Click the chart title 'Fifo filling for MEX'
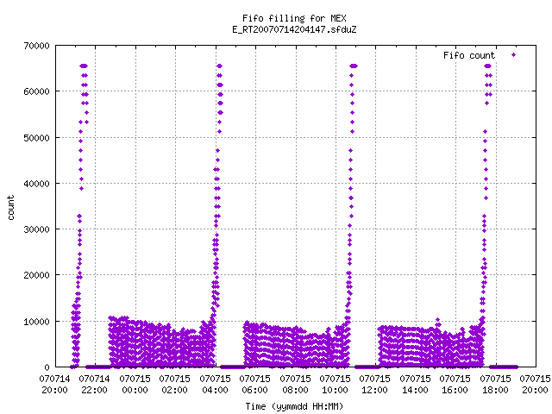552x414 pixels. click(294, 18)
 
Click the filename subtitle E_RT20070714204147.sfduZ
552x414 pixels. click(294, 29)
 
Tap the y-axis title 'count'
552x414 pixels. click(11, 208)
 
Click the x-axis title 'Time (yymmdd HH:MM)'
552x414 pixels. click(294, 406)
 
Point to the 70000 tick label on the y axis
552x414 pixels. click(36, 46)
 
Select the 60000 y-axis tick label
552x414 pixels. click(36, 91)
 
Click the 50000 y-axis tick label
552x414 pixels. click(36, 138)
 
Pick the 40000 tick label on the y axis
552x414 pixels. click(36, 184)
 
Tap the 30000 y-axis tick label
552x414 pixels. click(36, 229)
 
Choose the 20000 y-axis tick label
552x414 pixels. click(36, 275)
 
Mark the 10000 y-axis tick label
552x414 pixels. click(36, 322)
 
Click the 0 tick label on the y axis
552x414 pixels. click(47, 367)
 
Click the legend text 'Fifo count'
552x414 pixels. click(469, 55)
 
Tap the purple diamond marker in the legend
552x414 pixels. click(514, 54)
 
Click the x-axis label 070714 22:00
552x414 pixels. click(94, 384)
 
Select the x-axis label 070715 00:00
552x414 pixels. click(135, 384)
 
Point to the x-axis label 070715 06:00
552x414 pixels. click(255, 384)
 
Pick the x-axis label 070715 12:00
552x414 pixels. click(375, 384)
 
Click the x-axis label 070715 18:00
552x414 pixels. click(495, 384)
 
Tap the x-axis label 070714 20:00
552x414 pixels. click(54, 384)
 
